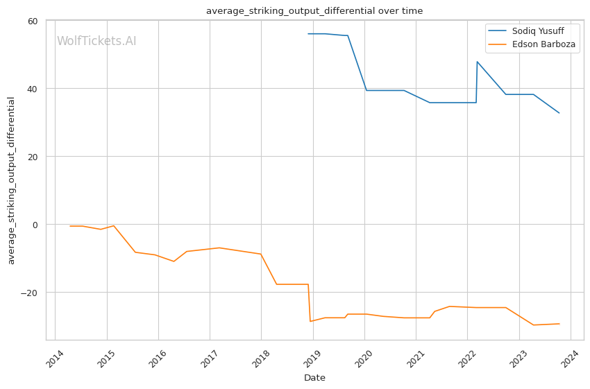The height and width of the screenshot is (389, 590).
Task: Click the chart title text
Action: [314, 10]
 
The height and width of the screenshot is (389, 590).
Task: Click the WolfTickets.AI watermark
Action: [96, 41]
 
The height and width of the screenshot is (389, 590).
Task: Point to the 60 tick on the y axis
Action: [32, 21]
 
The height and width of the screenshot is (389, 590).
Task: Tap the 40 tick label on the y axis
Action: [32, 89]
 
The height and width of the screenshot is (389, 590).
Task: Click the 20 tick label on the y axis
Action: [32, 157]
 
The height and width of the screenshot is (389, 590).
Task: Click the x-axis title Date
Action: [314, 378]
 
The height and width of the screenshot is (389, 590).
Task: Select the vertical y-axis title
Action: [11, 180]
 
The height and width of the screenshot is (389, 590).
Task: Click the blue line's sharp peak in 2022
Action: [477, 62]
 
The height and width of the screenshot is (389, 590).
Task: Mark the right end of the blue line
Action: [559, 113]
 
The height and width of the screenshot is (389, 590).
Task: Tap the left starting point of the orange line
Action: [70, 226]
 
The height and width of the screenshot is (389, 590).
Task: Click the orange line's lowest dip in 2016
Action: [174, 261]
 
